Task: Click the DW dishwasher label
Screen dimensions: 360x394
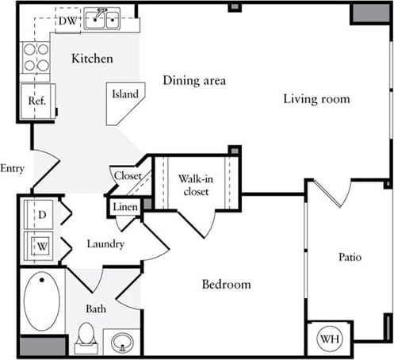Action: tap(67, 21)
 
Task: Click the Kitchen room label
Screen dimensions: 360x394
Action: tap(92, 59)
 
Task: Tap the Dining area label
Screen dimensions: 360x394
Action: tap(194, 80)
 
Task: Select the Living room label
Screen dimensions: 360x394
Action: tap(316, 98)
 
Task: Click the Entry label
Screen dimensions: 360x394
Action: tap(13, 168)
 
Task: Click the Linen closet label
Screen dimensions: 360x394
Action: tap(124, 208)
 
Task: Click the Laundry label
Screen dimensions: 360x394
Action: tap(105, 243)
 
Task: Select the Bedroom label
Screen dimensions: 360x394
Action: tap(226, 285)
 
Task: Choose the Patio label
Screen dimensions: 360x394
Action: tap(350, 257)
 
